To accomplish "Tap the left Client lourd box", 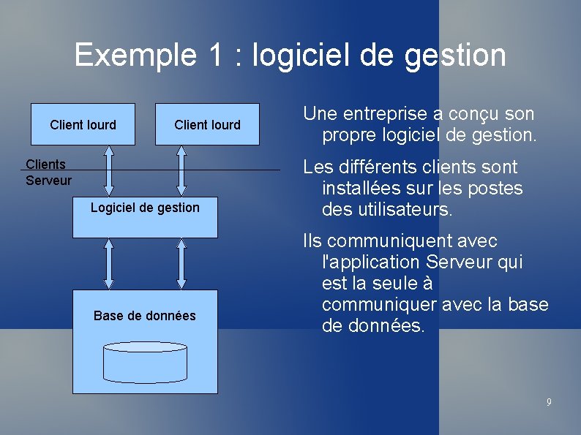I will tap(83, 124).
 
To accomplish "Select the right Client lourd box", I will tap(207, 124).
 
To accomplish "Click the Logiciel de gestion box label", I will tap(145, 208).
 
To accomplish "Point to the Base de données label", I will tap(145, 316).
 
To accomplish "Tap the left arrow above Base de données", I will tap(109, 264).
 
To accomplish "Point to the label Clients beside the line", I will tap(45, 164).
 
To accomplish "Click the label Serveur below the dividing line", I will tap(48, 180).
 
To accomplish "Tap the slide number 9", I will tap(549, 402).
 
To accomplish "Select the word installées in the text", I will tap(359, 189).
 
